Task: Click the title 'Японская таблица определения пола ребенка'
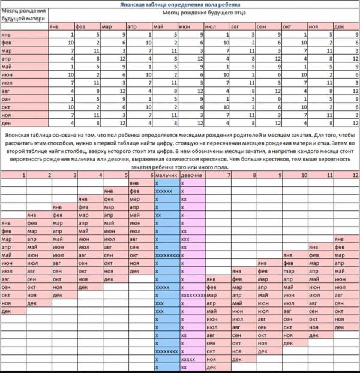tap(180, 4)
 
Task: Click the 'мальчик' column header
tap(166, 175)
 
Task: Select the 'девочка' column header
tap(191, 175)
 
